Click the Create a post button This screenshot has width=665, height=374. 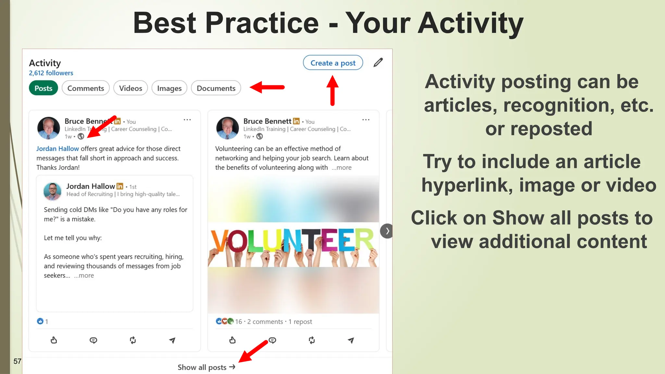(x=333, y=63)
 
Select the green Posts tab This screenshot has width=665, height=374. (x=44, y=88)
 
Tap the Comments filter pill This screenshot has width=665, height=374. (x=86, y=88)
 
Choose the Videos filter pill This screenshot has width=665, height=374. (x=131, y=88)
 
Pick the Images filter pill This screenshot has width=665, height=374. (x=169, y=88)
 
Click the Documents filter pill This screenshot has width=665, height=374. (x=216, y=88)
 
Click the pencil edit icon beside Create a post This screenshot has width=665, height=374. (x=378, y=62)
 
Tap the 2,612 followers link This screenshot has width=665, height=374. (x=51, y=73)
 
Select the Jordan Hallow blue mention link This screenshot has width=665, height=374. (x=57, y=149)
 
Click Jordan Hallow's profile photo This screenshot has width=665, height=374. (x=52, y=191)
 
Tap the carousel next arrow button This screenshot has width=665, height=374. (x=387, y=231)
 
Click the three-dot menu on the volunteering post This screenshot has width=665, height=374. (x=366, y=120)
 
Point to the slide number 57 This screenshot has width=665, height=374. (x=17, y=361)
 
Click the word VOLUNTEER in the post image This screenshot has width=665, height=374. (x=292, y=241)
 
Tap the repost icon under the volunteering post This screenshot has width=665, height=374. (x=312, y=340)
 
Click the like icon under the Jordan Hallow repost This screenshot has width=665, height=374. (x=54, y=340)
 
